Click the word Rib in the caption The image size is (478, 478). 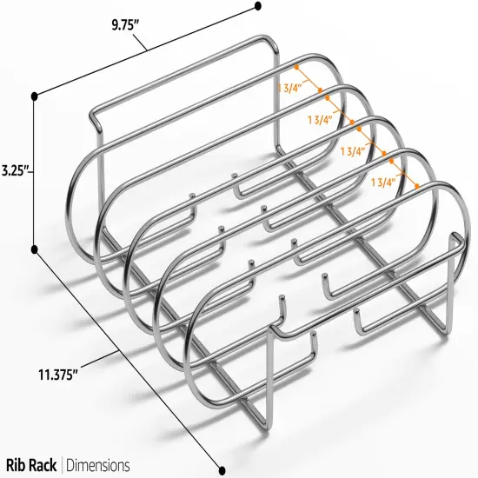point(20,465)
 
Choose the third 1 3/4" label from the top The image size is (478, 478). point(352,150)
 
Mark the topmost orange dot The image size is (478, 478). point(296,66)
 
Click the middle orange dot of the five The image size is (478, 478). point(352,123)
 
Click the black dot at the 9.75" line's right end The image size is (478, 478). point(258,6)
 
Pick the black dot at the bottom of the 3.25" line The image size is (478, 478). point(36,249)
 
